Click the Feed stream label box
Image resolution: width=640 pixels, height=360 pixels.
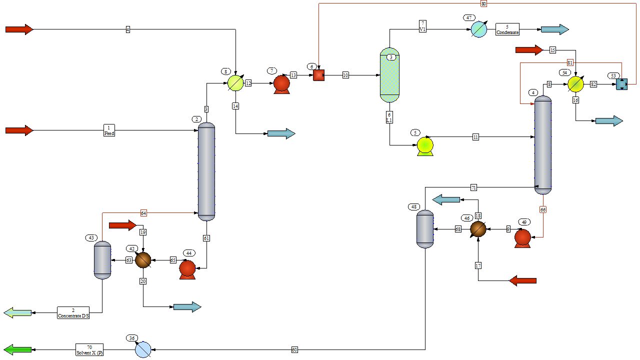point(109,130)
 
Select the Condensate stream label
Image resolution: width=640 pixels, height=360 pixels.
point(507,29)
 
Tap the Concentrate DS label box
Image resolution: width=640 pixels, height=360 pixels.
point(73,313)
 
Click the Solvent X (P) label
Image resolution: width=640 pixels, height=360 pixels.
point(89,349)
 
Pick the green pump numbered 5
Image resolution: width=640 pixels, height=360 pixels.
point(425,145)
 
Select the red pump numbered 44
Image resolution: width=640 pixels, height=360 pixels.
point(187,269)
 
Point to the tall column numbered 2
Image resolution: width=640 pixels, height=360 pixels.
point(206,171)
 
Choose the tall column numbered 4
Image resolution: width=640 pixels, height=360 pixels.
point(543,144)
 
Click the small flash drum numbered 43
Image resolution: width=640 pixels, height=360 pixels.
point(102,260)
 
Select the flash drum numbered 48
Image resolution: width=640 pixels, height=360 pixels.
point(425,229)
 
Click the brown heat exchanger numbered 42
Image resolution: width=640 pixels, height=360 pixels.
point(143,260)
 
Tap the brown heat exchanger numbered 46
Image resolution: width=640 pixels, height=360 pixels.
point(478,229)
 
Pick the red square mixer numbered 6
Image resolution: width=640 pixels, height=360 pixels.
point(318,75)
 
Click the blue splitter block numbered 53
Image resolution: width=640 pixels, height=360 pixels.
point(621,84)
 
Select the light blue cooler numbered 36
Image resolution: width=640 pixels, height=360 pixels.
point(143,349)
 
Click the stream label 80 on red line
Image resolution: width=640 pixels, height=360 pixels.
point(483,3)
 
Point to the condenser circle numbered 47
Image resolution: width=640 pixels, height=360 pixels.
point(478,29)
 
